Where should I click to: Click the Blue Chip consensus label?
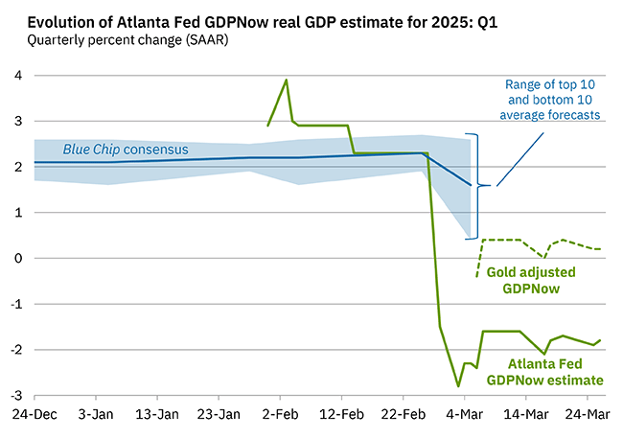coord(126,150)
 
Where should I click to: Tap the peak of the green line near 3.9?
coord(286,80)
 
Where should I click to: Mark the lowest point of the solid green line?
coord(458,386)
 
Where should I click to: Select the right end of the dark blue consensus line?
coord(470,185)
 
